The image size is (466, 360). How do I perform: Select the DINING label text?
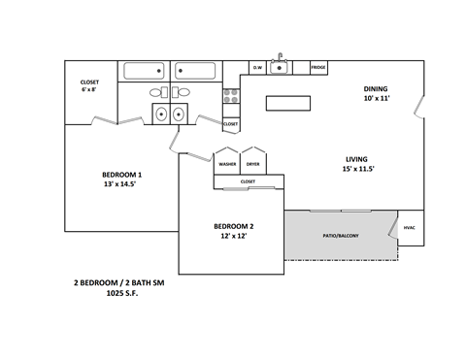point(376,88)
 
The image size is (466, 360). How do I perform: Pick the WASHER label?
point(227,164)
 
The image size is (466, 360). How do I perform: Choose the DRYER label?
point(252,164)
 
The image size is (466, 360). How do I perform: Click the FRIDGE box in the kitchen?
point(317,68)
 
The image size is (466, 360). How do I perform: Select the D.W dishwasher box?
point(258,68)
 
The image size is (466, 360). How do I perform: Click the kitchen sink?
point(281,67)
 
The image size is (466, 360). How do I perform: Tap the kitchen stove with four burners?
point(231,96)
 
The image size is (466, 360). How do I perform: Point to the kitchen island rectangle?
point(288,103)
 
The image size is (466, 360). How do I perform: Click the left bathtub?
point(147,71)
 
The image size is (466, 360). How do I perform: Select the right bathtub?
point(197,71)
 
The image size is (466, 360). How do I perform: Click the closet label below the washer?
point(248,180)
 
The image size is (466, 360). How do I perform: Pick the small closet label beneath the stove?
point(230,124)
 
